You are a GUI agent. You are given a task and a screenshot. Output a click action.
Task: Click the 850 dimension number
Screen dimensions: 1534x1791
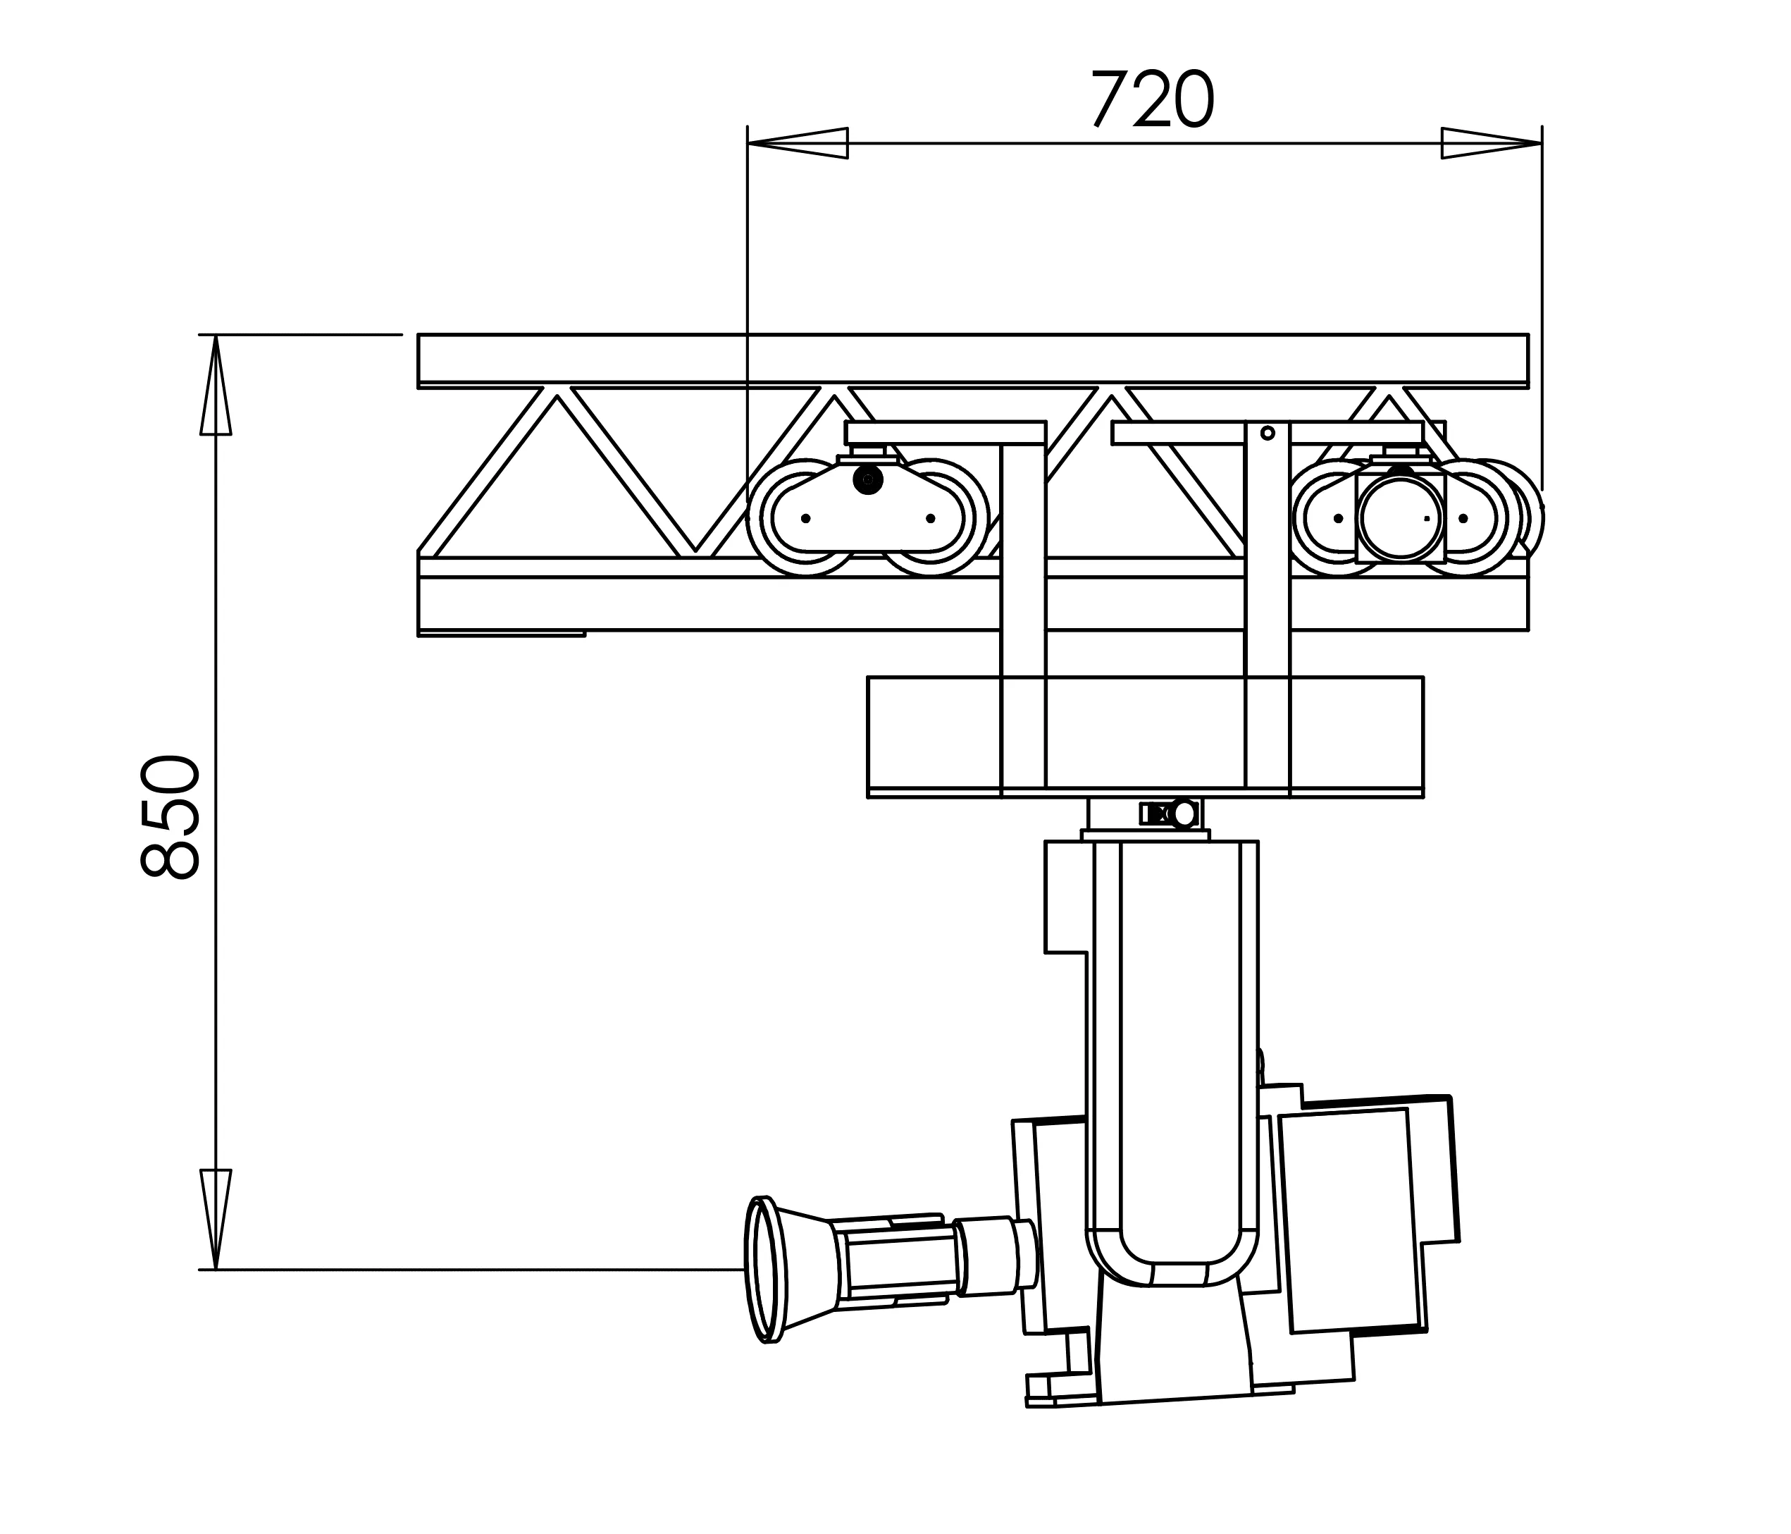pyautogui.click(x=171, y=816)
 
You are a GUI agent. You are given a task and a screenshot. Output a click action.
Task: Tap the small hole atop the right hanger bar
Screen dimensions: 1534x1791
pyautogui.click(x=1268, y=434)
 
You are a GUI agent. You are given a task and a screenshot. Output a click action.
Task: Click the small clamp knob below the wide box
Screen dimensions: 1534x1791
pyautogui.click(x=1184, y=814)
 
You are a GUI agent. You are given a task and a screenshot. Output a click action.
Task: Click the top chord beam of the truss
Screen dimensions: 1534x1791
pyautogui.click(x=972, y=357)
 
